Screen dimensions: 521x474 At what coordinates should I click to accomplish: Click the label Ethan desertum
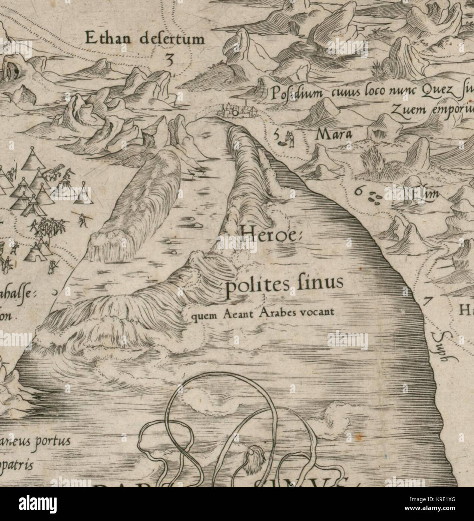145,39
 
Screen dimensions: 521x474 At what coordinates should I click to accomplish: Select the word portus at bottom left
52,441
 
